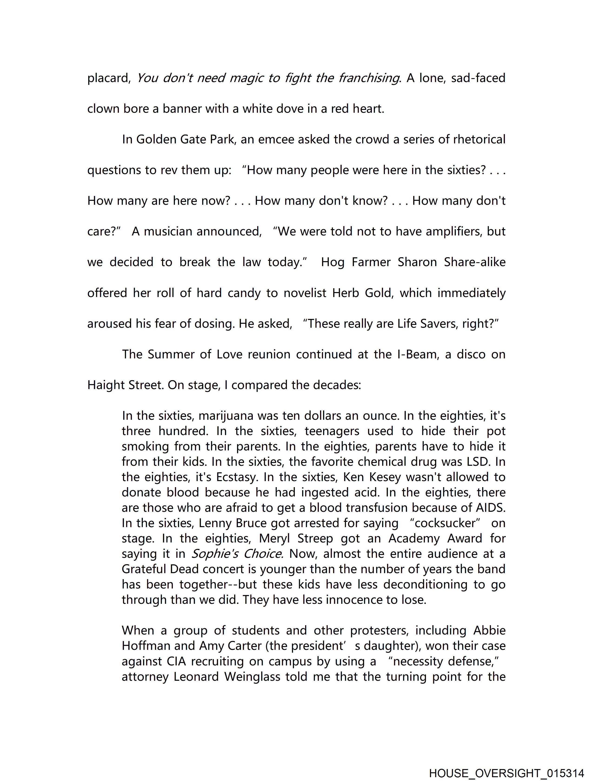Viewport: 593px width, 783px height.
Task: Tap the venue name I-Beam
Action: coord(414,354)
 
